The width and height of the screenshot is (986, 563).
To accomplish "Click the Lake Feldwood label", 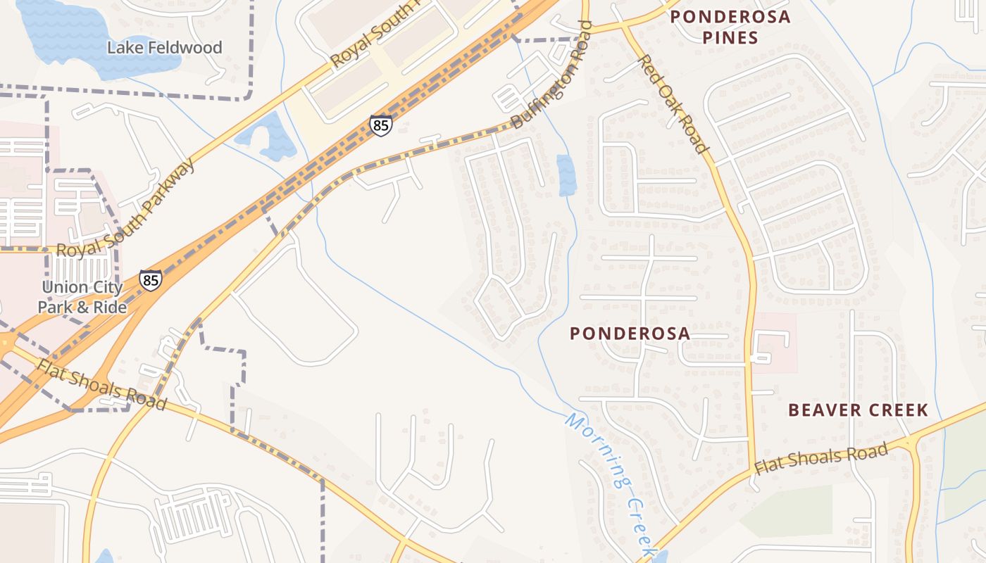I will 164,48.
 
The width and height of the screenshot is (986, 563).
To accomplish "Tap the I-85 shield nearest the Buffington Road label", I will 380,126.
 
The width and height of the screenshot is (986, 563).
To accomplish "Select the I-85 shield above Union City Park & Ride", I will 150,279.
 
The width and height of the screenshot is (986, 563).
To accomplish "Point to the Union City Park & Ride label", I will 82,297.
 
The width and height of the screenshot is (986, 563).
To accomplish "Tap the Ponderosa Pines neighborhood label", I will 730,27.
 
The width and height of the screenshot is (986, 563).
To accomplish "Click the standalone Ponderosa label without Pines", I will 630,334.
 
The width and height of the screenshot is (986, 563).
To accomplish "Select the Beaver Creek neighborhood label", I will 858,410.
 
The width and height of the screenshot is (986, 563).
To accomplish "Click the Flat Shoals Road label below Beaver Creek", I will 820,458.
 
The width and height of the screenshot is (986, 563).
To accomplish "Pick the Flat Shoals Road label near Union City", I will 102,385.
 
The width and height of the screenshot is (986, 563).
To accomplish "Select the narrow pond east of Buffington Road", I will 566,175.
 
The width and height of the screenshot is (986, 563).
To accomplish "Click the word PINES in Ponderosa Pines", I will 730,37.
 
